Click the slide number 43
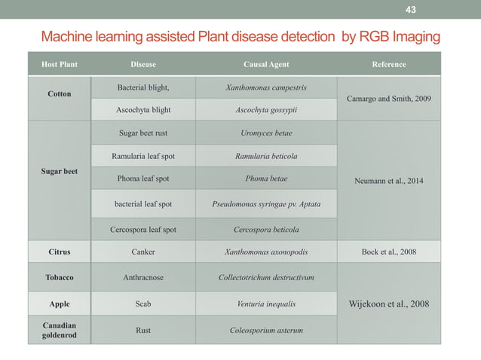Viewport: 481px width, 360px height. point(410,10)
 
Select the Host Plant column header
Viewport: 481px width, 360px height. point(59,64)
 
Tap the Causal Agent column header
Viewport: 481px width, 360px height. point(266,64)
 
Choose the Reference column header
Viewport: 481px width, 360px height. point(389,64)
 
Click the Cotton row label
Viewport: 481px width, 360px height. point(60,95)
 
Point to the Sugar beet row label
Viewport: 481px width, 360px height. point(60,171)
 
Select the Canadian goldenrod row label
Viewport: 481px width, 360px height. point(60,329)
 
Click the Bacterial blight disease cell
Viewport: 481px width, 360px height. point(143,87)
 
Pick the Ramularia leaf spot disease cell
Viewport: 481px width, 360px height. point(143,157)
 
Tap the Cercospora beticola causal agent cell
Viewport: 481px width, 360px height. point(266,230)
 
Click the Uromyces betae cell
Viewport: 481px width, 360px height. point(266,133)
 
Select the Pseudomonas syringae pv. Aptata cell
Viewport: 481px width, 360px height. point(266,204)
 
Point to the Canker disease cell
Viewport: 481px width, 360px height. point(143,252)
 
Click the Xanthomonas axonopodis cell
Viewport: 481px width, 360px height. point(266,252)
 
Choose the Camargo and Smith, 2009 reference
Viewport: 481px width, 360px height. point(389,98)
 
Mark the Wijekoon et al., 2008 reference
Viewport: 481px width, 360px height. point(389,304)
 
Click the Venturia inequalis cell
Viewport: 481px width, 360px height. point(266,304)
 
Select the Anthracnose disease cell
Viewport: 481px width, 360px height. point(143,277)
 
